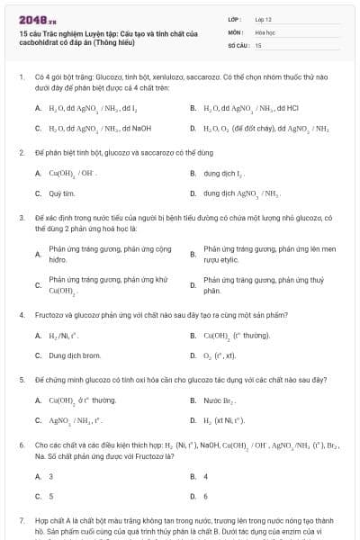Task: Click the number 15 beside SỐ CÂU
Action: tap(258, 44)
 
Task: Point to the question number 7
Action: tap(21, 520)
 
